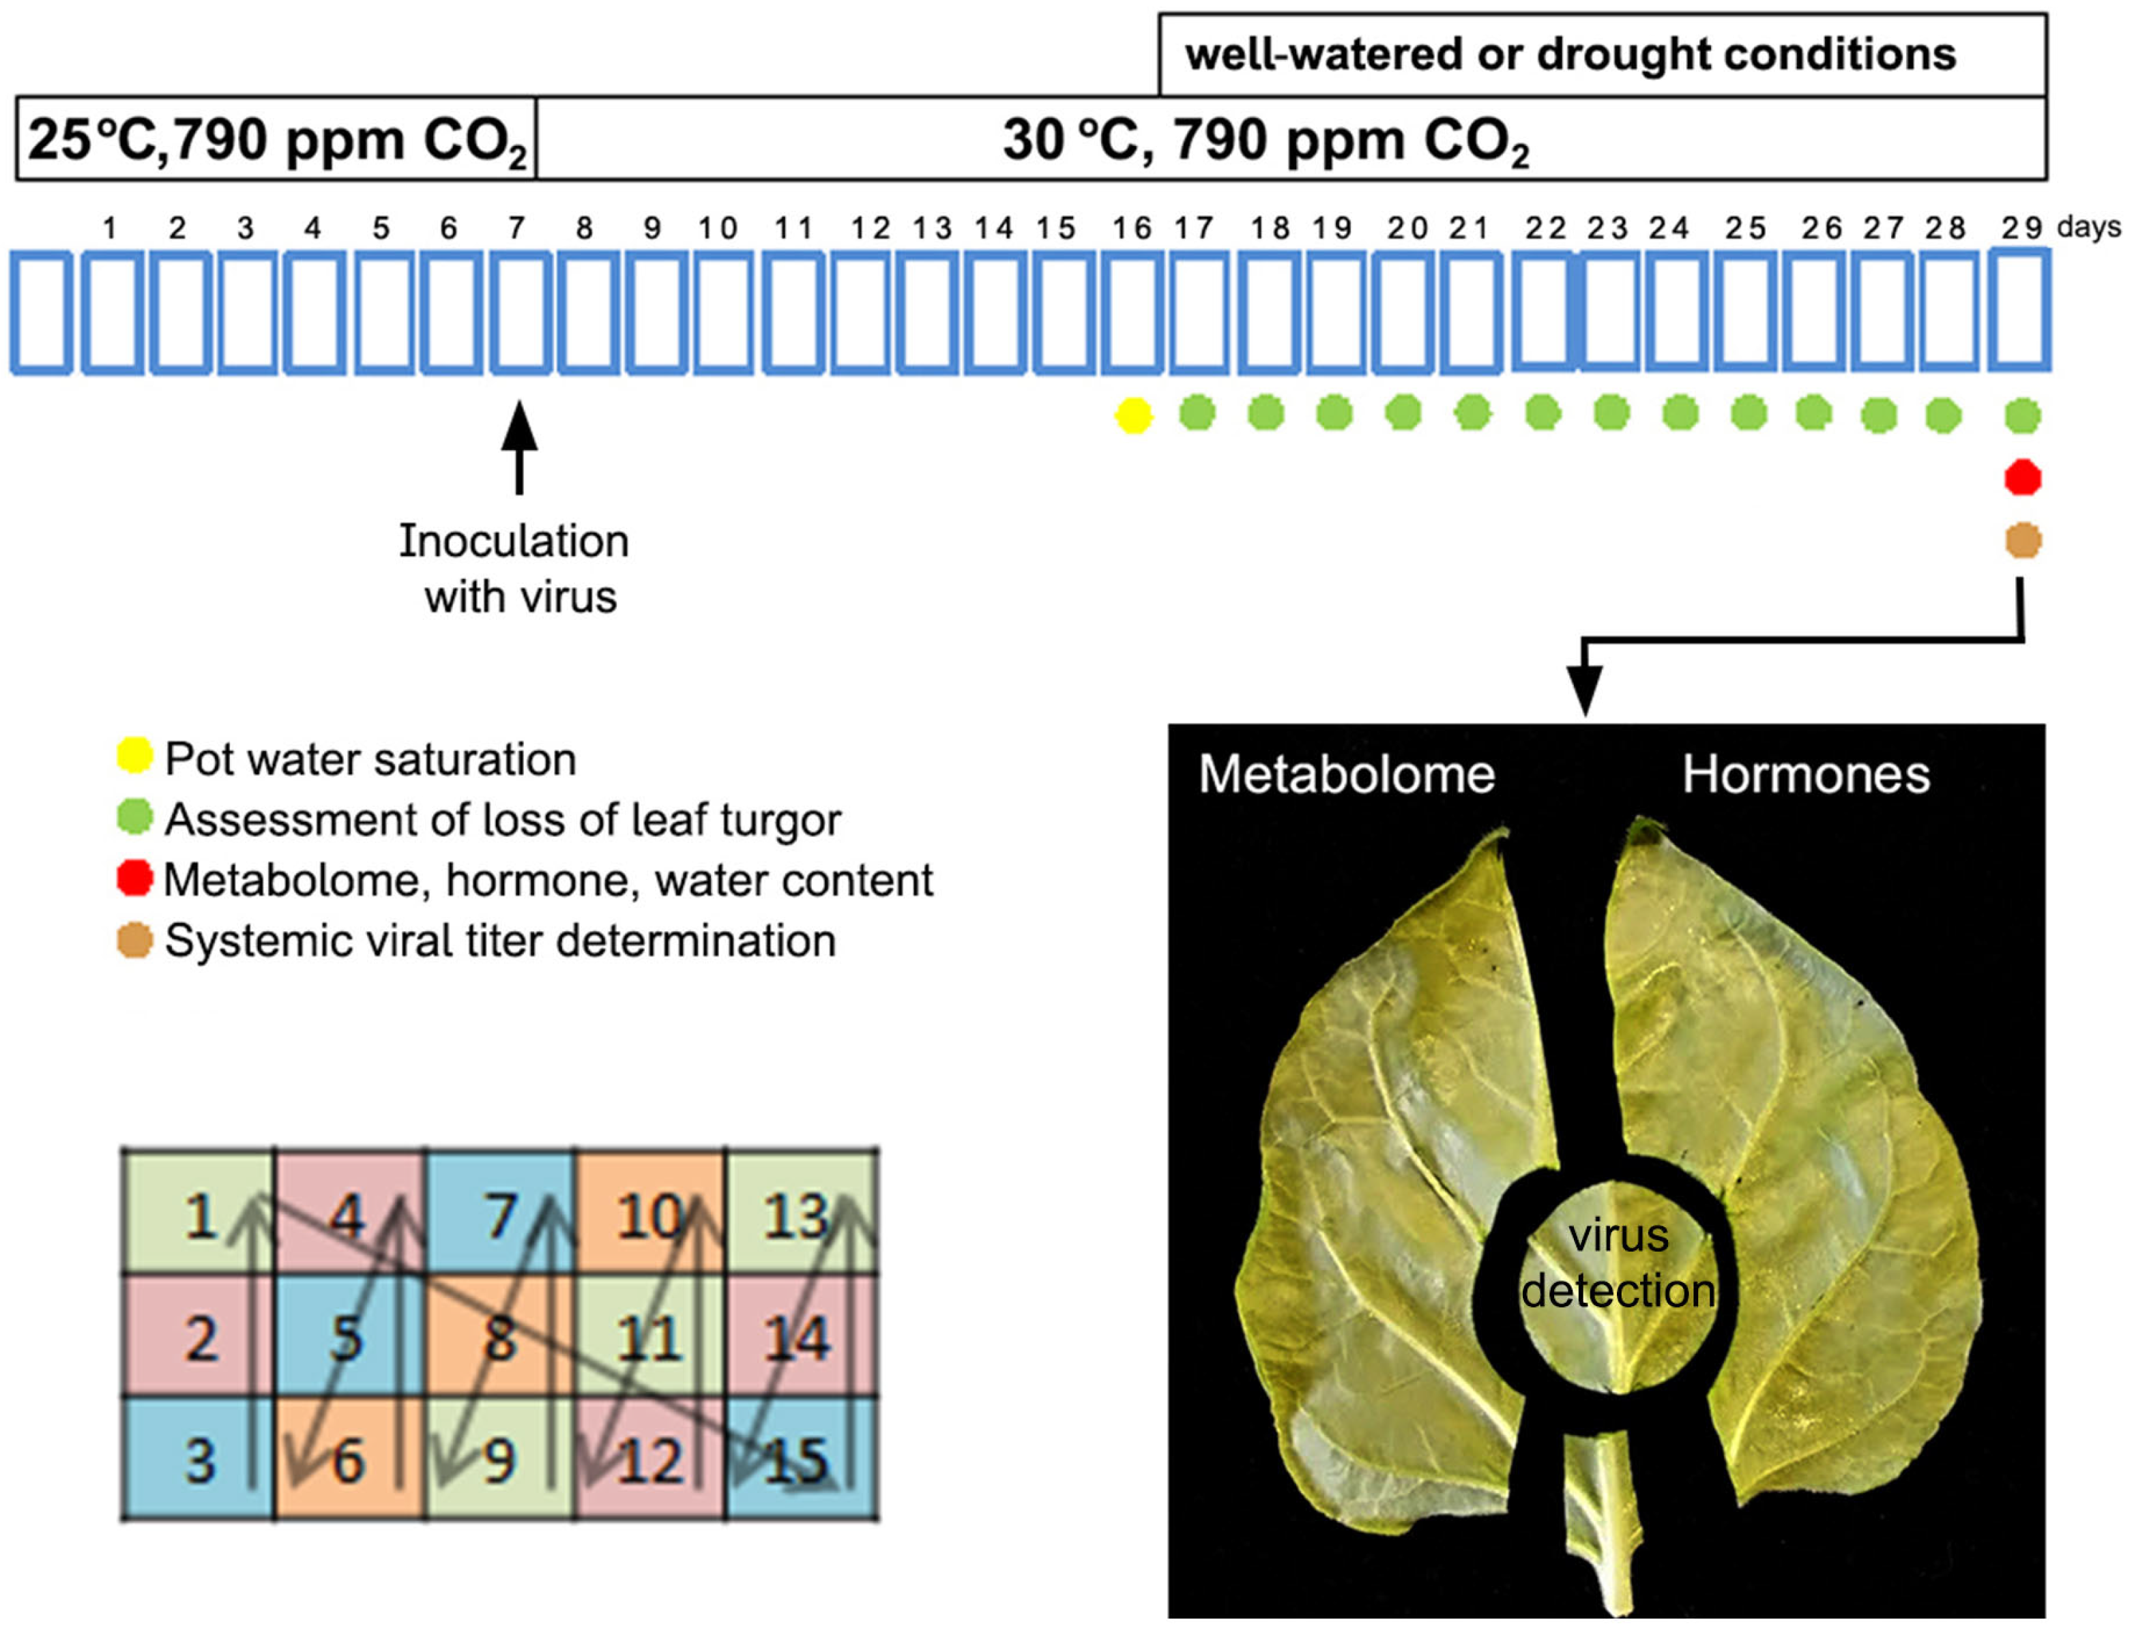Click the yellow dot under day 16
coord(1133,415)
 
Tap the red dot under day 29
coord(2023,477)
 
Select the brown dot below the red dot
coord(2023,540)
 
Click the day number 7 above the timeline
coord(516,228)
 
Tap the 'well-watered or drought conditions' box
coord(1601,55)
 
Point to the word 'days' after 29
coord(2089,227)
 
